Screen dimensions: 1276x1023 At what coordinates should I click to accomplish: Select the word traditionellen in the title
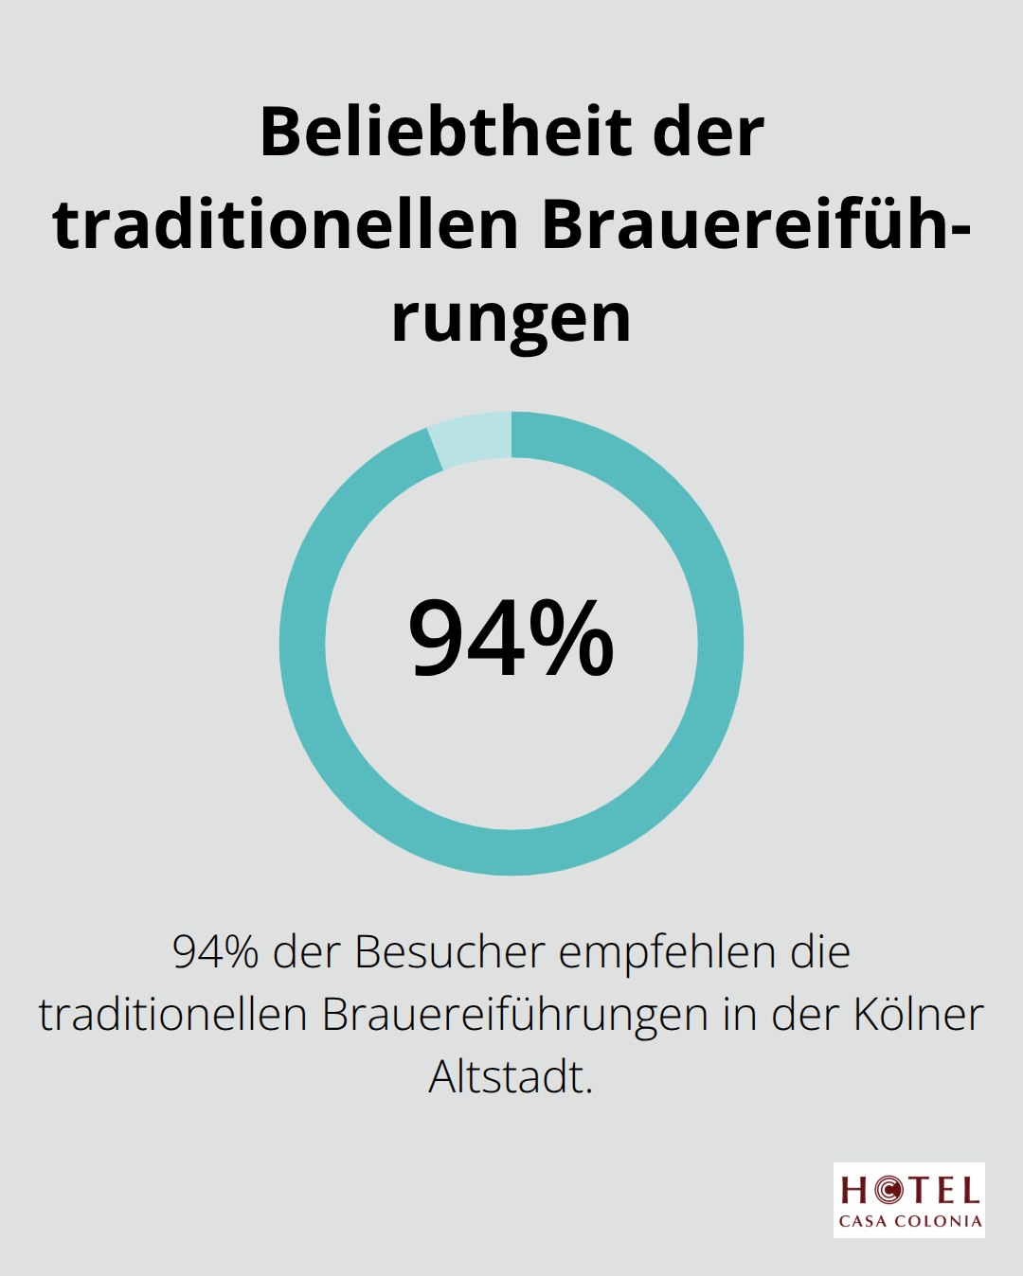pos(286,225)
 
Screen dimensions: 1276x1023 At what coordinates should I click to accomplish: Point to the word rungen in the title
pos(511,319)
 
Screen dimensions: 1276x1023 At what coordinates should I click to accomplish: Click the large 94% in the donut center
pos(511,640)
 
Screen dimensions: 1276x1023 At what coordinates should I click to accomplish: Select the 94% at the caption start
pos(215,952)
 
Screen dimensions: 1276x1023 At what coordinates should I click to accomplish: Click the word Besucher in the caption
pos(450,952)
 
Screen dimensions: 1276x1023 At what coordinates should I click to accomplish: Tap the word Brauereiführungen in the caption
pos(515,1015)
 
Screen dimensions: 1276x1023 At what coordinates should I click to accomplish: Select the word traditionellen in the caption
pos(172,1015)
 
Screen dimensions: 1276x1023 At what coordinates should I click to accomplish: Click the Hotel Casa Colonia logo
pos(909,1200)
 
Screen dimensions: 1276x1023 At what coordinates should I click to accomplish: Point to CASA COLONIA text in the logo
pos(909,1221)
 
